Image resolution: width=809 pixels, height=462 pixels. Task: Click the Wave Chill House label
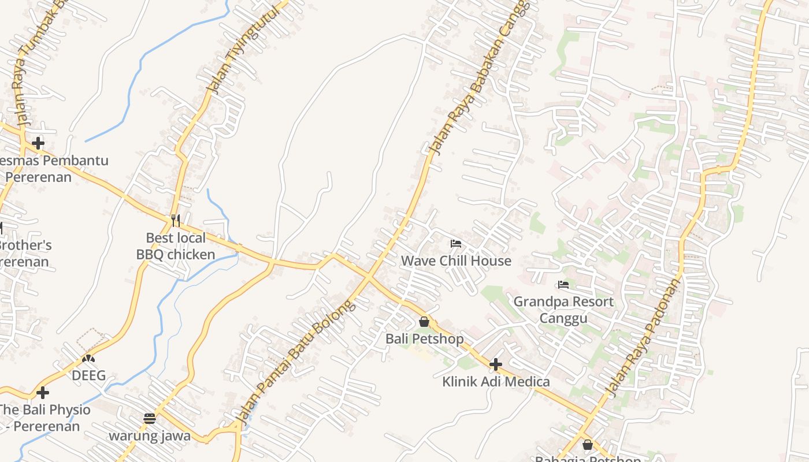point(456,260)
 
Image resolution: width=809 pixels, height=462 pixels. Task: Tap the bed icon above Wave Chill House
point(456,244)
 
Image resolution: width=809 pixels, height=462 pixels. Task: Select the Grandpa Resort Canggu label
point(563,310)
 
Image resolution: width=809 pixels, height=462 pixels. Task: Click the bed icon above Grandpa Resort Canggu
point(563,285)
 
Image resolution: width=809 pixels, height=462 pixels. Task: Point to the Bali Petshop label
point(424,338)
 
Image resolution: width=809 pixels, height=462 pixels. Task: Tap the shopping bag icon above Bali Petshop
point(424,322)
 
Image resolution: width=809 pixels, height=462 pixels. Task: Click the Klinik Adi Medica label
point(496,381)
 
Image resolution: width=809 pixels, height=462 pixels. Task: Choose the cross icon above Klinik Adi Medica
point(496,364)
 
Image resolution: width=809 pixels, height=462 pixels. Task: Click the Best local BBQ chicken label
point(176,246)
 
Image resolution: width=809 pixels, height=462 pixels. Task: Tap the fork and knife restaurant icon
point(176,221)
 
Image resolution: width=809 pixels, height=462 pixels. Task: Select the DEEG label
point(88,375)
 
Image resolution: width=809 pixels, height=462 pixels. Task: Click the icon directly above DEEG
point(88,359)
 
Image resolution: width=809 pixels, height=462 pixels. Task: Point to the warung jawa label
point(150,435)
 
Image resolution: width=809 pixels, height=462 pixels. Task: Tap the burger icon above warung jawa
point(150,418)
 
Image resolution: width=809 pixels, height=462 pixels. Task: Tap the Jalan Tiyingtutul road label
point(235,48)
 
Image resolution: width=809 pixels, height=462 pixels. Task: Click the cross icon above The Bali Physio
point(42,393)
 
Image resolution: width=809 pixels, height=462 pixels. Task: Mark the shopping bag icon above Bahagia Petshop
point(588,445)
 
